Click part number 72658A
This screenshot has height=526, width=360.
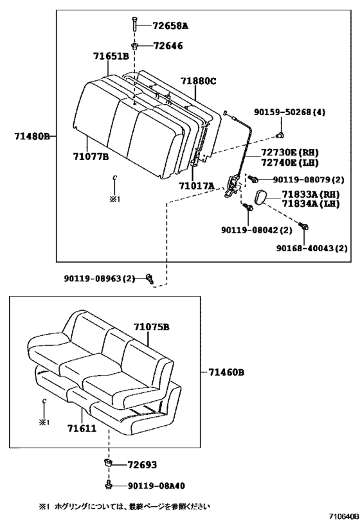[170, 26]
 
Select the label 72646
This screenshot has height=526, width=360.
[166, 46]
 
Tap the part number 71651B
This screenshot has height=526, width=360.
[111, 57]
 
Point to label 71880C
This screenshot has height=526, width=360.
[198, 81]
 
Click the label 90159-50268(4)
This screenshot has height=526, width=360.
[289, 112]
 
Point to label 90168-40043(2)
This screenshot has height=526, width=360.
[312, 248]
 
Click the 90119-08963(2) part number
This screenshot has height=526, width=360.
[100, 278]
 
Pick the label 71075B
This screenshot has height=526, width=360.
[152, 327]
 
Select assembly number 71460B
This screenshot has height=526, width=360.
[227, 372]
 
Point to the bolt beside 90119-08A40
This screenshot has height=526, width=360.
[110, 486]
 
